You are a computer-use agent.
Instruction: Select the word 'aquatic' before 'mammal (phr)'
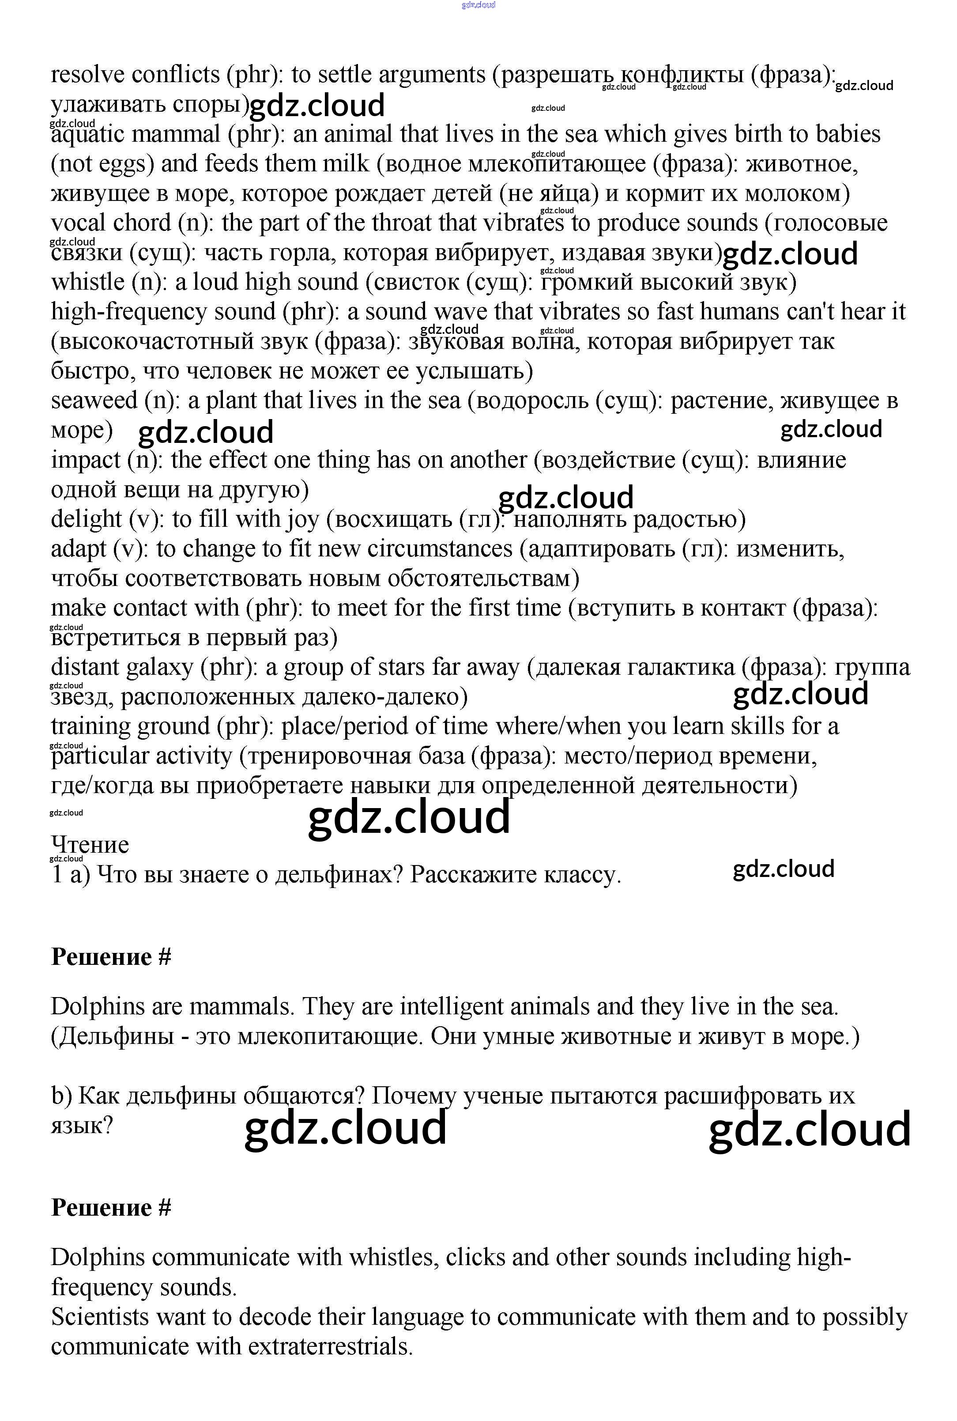pos(86,134)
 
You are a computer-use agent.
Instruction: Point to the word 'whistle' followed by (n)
pos(87,283)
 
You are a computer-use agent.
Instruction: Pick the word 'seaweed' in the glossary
pos(94,401)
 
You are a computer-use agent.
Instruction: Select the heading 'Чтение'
pos(90,845)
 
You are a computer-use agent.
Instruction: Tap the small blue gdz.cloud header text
pos(478,5)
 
